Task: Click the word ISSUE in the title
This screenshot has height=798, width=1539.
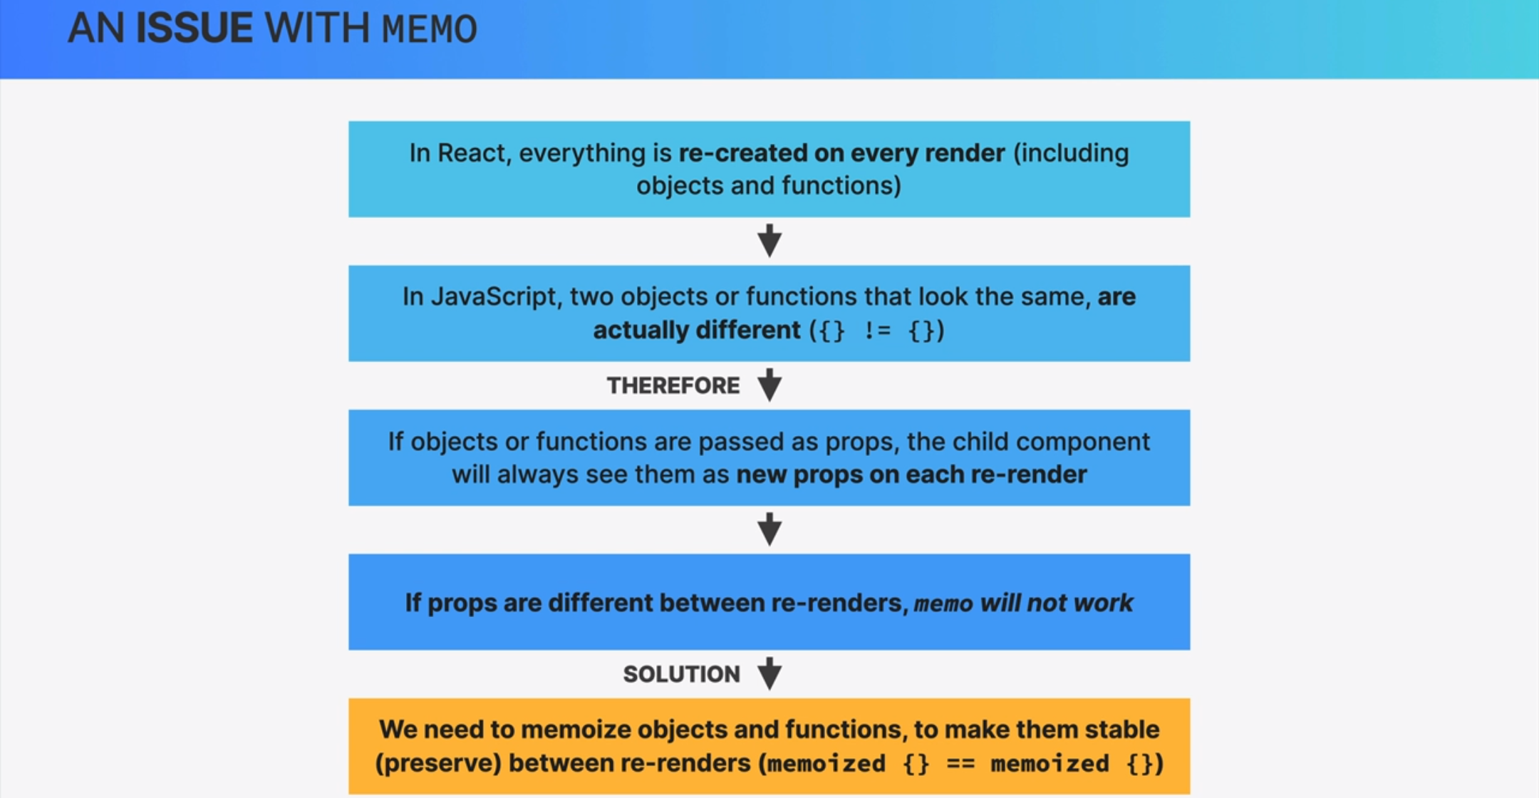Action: click(x=194, y=28)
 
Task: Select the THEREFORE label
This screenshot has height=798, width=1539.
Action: click(x=673, y=385)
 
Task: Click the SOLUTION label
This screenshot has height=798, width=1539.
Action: click(x=681, y=674)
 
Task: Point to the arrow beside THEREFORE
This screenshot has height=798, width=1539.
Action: click(x=769, y=385)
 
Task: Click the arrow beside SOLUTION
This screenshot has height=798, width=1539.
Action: click(x=769, y=673)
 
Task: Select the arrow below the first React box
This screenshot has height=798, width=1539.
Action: click(x=769, y=241)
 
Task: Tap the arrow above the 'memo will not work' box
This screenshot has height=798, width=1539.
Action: click(x=769, y=529)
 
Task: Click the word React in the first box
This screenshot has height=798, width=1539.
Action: click(x=470, y=153)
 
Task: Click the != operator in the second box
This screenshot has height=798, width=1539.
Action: click(x=876, y=331)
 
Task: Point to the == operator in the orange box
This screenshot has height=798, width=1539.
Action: click(x=960, y=764)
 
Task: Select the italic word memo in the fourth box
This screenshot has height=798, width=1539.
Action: click(x=943, y=604)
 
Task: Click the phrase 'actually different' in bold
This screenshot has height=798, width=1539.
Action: click(x=696, y=331)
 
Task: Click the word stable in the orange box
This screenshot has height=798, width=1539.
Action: click(x=1121, y=730)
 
